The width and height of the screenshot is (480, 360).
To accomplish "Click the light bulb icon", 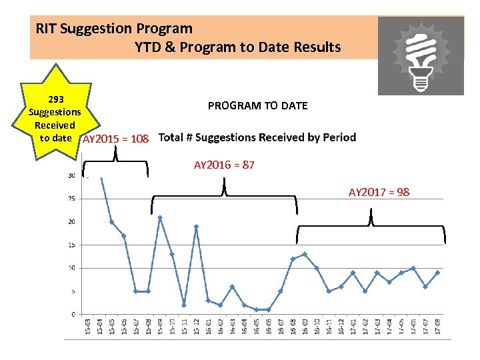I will coord(420,56).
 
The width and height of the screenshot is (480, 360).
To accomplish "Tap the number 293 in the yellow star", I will coord(55,99).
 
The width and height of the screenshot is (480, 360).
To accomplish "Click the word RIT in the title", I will coord(46,29).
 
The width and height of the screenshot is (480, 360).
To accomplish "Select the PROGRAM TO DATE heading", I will coord(257,105).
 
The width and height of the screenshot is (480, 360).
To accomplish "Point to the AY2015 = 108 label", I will coord(115,139).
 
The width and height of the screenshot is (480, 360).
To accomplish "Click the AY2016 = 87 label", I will coord(224,165).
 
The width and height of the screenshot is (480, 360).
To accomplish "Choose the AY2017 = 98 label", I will coord(379,192).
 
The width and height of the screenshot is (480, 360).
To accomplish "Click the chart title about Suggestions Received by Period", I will coord(257,138).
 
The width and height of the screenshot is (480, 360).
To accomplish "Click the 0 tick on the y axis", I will coord(72,314).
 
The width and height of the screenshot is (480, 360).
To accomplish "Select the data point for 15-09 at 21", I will coord(160,217).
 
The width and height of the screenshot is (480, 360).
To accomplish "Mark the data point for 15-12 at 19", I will coord(197,227).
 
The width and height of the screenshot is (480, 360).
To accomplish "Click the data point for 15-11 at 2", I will coord(184,305).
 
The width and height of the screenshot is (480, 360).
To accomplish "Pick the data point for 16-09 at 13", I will coord(305,254).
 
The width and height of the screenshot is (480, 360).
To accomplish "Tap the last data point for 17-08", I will coord(437,272).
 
